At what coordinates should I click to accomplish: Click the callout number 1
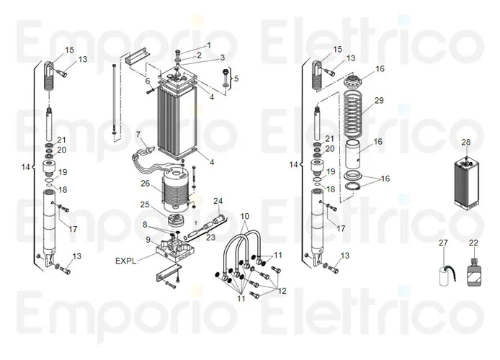209,45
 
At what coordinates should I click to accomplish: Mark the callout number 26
145,184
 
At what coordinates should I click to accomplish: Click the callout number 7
138,134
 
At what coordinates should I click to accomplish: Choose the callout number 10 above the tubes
245,216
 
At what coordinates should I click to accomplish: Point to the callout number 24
218,200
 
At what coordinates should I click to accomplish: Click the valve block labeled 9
174,248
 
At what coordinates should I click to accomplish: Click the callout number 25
145,205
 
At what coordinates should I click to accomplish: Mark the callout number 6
148,81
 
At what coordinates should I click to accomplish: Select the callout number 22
473,243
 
